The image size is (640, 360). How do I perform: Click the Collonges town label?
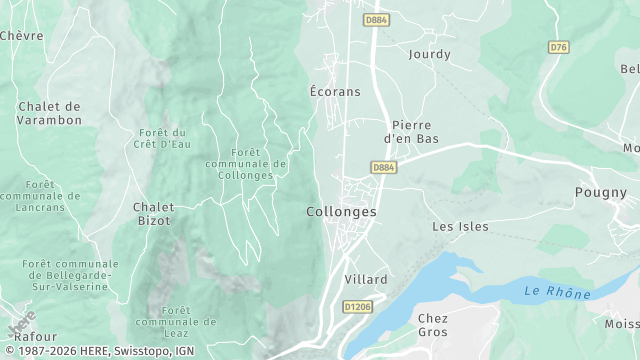click(x=341, y=212)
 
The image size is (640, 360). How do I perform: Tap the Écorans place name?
click(x=334, y=91)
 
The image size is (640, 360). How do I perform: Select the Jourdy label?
click(x=429, y=54)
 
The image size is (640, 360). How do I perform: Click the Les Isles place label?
click(x=460, y=226)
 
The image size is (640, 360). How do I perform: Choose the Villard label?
click(x=365, y=279)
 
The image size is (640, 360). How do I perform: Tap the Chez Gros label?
click(x=432, y=324)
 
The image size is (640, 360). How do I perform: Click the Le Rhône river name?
click(x=558, y=292)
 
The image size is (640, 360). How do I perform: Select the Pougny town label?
click(x=600, y=192)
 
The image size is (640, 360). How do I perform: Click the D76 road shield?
click(x=558, y=46)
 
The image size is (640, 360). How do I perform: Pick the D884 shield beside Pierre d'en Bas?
click(x=383, y=167)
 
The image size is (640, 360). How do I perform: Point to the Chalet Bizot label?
click(x=152, y=213)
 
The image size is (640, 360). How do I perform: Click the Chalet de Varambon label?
click(x=49, y=113)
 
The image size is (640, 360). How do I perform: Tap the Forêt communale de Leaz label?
click(x=175, y=322)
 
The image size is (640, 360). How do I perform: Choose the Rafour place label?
click(x=36, y=337)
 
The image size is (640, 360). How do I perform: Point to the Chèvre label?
click(x=22, y=35)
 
